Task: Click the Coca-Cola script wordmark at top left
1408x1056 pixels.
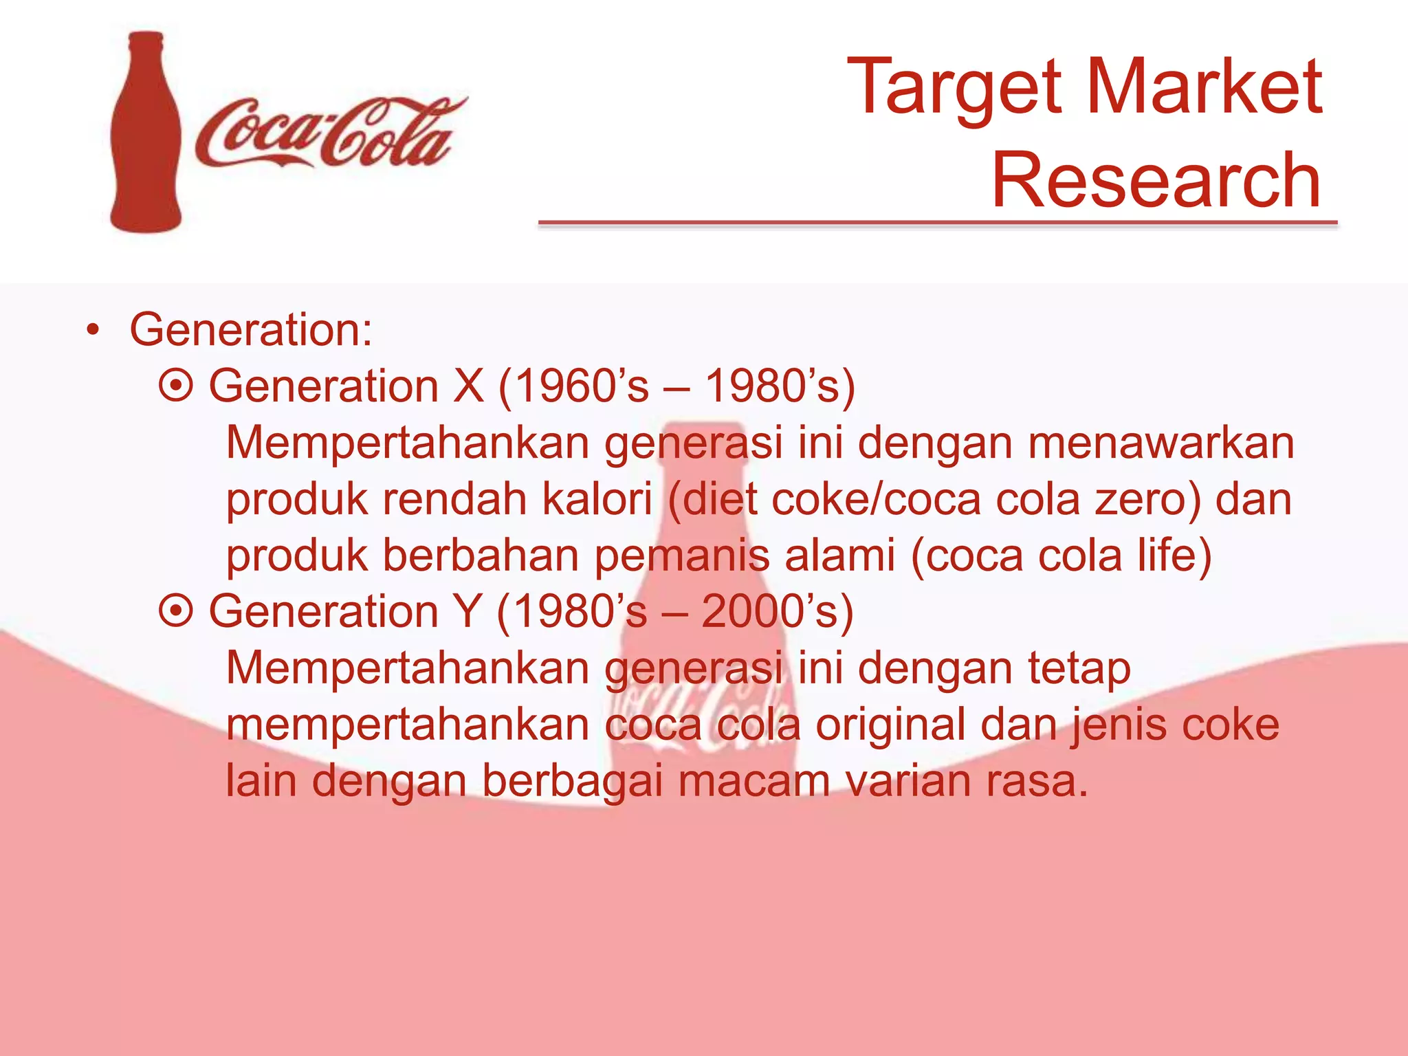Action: click(330, 134)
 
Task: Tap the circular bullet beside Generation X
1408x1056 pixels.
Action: click(176, 386)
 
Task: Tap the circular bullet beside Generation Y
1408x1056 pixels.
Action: click(176, 610)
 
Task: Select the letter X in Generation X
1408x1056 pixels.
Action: click(468, 386)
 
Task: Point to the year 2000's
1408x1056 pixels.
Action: click(769, 610)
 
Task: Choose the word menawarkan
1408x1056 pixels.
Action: click(1161, 442)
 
